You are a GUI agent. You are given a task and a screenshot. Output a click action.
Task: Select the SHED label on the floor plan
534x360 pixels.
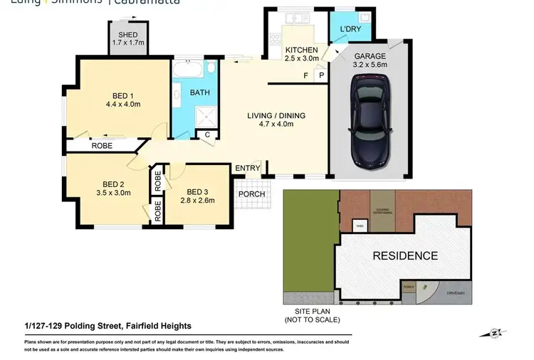[x=128, y=35]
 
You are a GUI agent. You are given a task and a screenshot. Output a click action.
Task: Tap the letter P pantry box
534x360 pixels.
[x=321, y=75]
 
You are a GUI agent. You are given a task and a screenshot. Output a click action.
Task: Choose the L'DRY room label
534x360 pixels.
[x=350, y=29]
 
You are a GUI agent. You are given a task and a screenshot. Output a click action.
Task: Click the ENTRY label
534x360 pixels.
[x=248, y=168]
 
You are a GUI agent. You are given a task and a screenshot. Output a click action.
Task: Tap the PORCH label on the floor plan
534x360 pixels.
[x=252, y=194]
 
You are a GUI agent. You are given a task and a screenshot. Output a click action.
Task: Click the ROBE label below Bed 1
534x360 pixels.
[x=102, y=146]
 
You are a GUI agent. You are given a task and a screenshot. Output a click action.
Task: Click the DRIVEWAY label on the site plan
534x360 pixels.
[x=456, y=293]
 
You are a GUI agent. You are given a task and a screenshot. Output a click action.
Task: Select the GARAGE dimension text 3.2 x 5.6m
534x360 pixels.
[x=370, y=65]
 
